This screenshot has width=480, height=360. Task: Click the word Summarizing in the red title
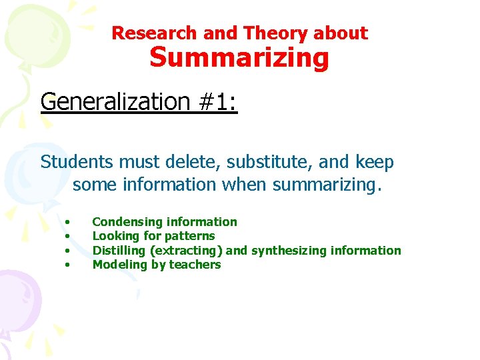[x=239, y=58]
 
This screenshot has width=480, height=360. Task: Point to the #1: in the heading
[x=217, y=102]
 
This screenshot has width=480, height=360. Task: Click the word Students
[x=77, y=162]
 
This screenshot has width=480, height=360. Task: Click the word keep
[x=374, y=162]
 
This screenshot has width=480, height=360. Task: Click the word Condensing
[x=127, y=222]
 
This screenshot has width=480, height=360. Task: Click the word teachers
[x=195, y=265]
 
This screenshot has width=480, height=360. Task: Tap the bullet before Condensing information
[x=67, y=223]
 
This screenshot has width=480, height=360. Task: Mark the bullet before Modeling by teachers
[x=67, y=265]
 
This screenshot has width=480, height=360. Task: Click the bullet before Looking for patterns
[x=67, y=237]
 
